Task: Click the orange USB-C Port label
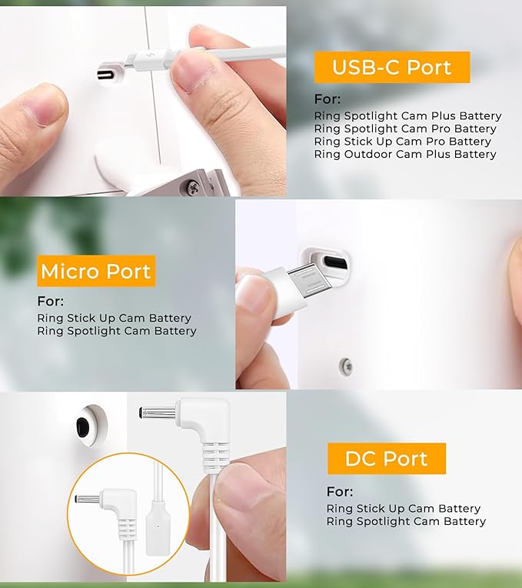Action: (x=392, y=67)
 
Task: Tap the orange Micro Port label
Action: (x=96, y=271)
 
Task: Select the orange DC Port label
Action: (x=387, y=458)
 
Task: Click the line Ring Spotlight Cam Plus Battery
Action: (x=407, y=116)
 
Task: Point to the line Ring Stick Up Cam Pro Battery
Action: (x=403, y=142)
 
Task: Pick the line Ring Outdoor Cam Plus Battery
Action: (x=405, y=154)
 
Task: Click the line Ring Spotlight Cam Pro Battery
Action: (x=405, y=129)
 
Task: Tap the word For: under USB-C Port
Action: (x=327, y=99)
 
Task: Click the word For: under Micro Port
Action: (x=51, y=301)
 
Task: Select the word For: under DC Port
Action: (x=340, y=491)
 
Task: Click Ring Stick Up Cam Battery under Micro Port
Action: (x=115, y=318)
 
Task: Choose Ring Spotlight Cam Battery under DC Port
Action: (x=406, y=521)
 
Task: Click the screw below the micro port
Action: (x=347, y=366)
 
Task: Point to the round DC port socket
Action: (x=90, y=426)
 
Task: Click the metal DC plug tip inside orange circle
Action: (x=87, y=499)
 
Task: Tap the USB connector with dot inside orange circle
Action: (x=158, y=526)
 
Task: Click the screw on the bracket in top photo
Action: (x=193, y=185)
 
